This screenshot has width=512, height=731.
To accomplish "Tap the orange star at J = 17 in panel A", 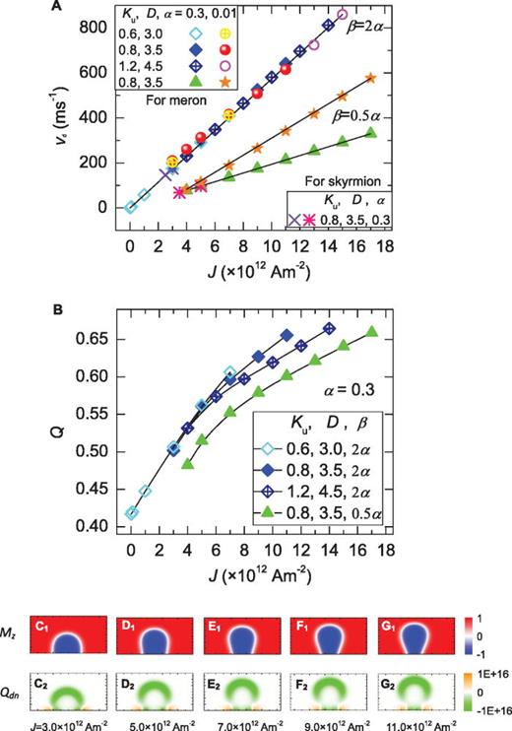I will pyautogui.click(x=370, y=77).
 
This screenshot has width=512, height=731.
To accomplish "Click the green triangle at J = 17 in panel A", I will pyautogui.click(x=370, y=133).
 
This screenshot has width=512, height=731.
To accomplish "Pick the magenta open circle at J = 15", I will pyautogui.click(x=342, y=15).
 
